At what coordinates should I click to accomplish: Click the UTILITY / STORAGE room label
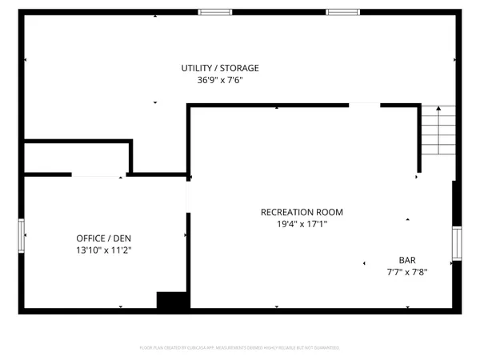pyautogui.click(x=219, y=68)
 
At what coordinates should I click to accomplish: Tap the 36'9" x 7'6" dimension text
pyautogui.click(x=219, y=80)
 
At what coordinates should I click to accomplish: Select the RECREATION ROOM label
pyautogui.click(x=302, y=212)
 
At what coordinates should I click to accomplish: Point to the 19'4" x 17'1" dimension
pyautogui.click(x=302, y=225)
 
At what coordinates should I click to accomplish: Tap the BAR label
pyautogui.click(x=407, y=260)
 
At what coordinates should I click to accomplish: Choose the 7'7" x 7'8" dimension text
pyautogui.click(x=407, y=272)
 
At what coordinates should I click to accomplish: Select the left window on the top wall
pyautogui.click(x=215, y=12)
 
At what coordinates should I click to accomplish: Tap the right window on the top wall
pyautogui.click(x=343, y=12)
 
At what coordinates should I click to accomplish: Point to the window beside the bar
pyautogui.click(x=457, y=243)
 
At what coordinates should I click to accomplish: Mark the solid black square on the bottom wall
pyautogui.click(x=171, y=302)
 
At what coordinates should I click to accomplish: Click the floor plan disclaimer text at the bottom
pyautogui.click(x=240, y=348)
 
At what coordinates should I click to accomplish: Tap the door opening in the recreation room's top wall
pyautogui.click(x=364, y=104)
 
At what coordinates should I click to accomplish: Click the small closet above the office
pyautogui.click(x=76, y=158)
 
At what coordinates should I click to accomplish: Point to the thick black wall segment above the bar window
pyautogui.click(x=456, y=203)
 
